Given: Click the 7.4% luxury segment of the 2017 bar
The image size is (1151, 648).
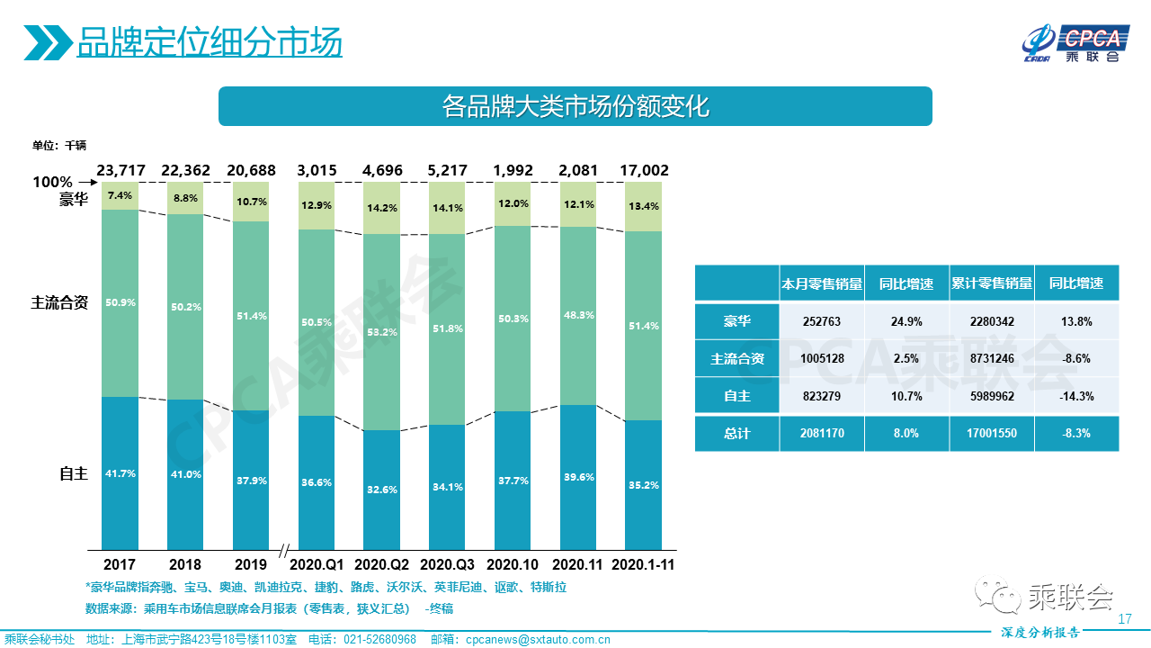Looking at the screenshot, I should pyautogui.click(x=120, y=195).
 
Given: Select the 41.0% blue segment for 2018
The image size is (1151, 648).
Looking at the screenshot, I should pyautogui.click(x=185, y=474).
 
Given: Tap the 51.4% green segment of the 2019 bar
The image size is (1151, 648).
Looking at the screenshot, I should pyautogui.click(x=250, y=316).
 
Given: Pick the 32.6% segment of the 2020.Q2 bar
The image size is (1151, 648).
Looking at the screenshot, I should pyautogui.click(x=381, y=490).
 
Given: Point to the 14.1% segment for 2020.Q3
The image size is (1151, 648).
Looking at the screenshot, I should pyautogui.click(x=447, y=208).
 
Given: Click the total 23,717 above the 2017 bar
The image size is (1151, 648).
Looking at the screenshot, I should pyautogui.click(x=120, y=170).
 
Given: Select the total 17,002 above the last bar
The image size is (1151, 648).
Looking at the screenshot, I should pyautogui.click(x=643, y=170).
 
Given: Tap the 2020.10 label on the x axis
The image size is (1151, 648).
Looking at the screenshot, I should pyautogui.click(x=512, y=565).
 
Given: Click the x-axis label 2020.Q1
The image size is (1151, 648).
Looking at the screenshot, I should pyautogui.click(x=317, y=565).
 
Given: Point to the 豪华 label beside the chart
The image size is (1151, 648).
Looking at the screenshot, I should pyautogui.click(x=74, y=200).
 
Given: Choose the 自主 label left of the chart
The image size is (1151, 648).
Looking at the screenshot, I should pyautogui.click(x=74, y=473).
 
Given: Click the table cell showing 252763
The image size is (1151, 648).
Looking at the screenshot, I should pyautogui.click(x=822, y=321).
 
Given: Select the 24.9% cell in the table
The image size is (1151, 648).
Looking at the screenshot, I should pyautogui.click(x=906, y=321).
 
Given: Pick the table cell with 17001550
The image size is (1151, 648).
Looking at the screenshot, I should pyautogui.click(x=992, y=433).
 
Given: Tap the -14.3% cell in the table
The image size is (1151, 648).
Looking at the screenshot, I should pyautogui.click(x=1076, y=396).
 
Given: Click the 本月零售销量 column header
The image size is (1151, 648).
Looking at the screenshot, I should pyautogui.click(x=822, y=283).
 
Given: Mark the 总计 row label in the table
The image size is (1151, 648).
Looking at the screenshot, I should pyautogui.click(x=737, y=433).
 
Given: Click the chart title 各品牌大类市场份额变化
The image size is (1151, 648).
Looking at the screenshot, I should pyautogui.click(x=575, y=106).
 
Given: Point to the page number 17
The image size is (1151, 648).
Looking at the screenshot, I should pyautogui.click(x=1124, y=619).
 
